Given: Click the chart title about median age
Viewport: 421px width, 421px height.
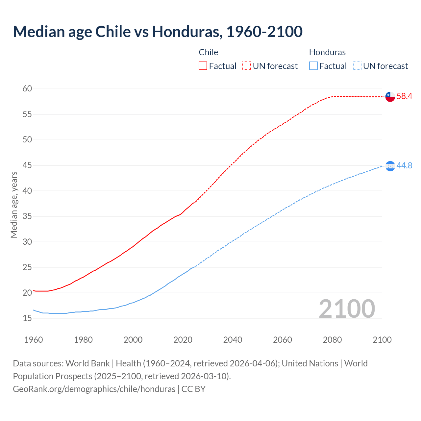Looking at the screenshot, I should [x=158, y=32].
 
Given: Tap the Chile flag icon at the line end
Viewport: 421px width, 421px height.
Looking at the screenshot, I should [x=390, y=97].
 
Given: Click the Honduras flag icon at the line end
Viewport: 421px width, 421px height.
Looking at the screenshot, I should [x=390, y=166].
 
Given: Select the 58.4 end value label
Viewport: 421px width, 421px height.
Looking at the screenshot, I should [x=404, y=96].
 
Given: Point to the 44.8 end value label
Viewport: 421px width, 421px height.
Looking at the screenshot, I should [x=404, y=165].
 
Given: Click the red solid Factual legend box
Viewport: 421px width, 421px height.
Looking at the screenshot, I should [x=203, y=66].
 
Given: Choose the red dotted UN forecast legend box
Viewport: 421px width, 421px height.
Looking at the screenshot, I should [x=247, y=66].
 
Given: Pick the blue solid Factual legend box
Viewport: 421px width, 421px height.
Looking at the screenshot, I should [x=313, y=66].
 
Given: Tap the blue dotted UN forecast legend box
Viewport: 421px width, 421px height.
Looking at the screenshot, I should [x=357, y=66].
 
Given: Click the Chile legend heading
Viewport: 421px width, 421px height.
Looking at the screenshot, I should [x=208, y=52].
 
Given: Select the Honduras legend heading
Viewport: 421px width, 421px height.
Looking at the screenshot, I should [x=327, y=52].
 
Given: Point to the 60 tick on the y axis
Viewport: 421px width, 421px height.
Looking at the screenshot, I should [x=27, y=89].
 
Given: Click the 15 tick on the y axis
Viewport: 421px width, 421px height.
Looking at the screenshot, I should [x=27, y=318].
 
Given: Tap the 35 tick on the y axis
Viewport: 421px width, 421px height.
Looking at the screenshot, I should [x=27, y=216].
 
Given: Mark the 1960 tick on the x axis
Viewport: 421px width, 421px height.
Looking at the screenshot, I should [x=34, y=340].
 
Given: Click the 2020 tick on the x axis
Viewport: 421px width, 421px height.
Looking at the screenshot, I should [x=183, y=340].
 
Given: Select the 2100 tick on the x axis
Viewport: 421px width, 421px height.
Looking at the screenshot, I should [x=382, y=340].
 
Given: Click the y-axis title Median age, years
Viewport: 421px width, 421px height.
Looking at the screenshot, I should [x=14, y=205].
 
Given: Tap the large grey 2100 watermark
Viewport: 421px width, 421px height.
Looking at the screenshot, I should [x=347, y=309].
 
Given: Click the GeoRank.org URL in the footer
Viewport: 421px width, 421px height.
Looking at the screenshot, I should [x=94, y=389].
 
